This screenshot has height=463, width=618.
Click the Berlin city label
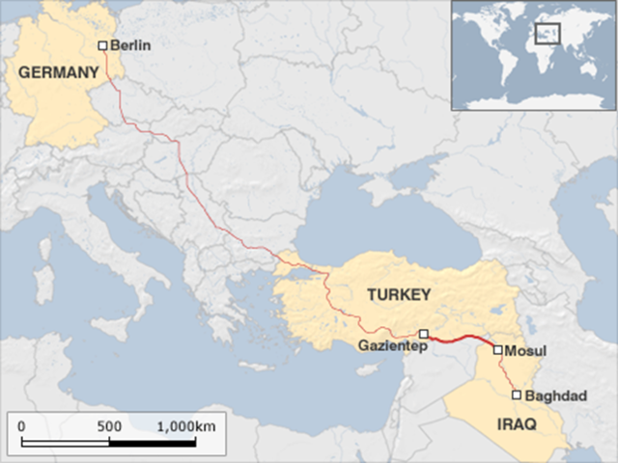pyautogui.click(x=131, y=45)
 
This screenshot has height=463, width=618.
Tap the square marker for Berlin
pyautogui.click(x=103, y=45)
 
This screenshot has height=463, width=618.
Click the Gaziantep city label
pyautogui.click(x=384, y=344)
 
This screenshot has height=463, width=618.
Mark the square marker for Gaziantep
pyautogui.click(x=424, y=334)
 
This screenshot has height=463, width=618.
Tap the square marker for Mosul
pyautogui.click(x=497, y=350)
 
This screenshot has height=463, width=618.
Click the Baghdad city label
pyautogui.click(x=549, y=395)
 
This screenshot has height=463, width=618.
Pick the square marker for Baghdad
pyautogui.click(x=517, y=395)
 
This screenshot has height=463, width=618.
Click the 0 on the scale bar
pyautogui.click(x=21, y=425)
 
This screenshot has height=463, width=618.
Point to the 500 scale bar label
pyautogui.click(x=110, y=425)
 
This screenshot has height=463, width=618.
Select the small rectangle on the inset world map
pyautogui.click(x=548, y=34)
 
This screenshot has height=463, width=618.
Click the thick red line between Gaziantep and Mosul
pyautogui.click(x=461, y=339)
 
